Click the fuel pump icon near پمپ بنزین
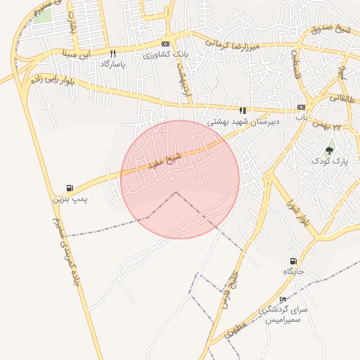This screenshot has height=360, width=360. (69, 188)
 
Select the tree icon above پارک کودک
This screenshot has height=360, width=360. (330, 149)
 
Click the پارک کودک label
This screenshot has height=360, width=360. (330, 161)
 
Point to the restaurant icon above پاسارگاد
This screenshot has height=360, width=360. (112, 53)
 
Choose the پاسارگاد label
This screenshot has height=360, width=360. (112, 64)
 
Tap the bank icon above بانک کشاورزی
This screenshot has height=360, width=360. (166, 44)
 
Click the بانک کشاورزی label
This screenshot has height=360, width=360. (166, 55)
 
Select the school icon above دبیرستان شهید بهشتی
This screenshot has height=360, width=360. (243, 110)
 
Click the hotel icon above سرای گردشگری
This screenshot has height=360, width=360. (283, 300)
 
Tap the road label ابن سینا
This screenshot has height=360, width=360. (77, 53)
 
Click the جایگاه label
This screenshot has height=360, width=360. (293, 271)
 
